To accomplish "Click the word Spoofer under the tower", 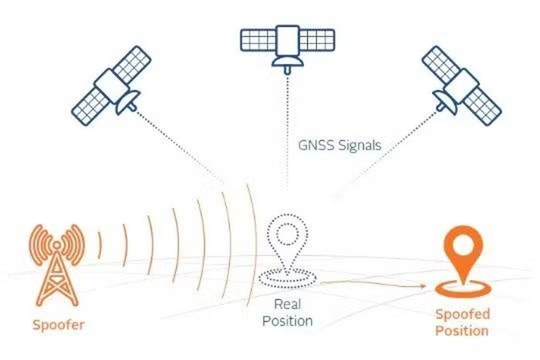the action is (x=58, y=325).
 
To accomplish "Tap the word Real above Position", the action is (x=287, y=304).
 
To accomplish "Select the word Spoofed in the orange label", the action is (x=463, y=315).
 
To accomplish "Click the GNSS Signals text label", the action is (x=339, y=145).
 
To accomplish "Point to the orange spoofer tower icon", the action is (x=57, y=264).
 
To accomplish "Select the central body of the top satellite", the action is (x=288, y=40).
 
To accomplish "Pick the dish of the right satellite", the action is (x=444, y=103).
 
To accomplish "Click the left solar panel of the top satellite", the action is (x=258, y=40).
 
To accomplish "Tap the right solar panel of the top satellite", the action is (x=317, y=40).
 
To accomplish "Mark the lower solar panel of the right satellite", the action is (x=482, y=106).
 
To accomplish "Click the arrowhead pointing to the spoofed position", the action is (x=424, y=286).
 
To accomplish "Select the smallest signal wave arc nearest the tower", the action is (x=100, y=245).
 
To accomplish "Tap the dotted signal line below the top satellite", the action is (x=287, y=132).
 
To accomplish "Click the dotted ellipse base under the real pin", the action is (x=287, y=278).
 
